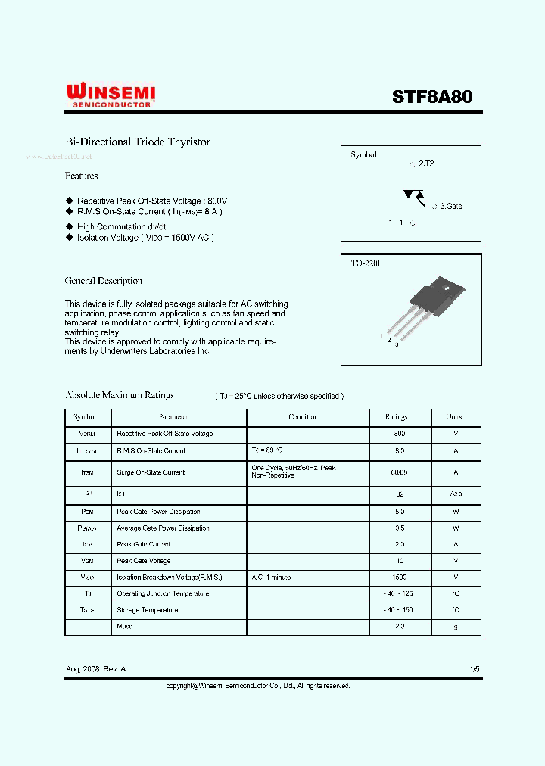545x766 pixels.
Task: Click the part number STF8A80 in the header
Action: [432, 97]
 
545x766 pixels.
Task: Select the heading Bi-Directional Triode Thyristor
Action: [138, 142]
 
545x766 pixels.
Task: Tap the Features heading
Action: [82, 176]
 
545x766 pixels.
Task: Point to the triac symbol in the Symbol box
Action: [413, 194]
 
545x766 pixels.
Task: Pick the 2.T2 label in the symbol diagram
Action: [426, 163]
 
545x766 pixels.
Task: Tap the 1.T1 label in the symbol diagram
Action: [396, 223]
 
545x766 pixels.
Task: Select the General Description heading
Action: [104, 281]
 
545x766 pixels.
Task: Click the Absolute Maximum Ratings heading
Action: [120, 395]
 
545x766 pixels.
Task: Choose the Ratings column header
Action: [397, 417]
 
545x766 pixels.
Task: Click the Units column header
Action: [454, 417]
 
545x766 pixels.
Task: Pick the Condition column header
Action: [304, 417]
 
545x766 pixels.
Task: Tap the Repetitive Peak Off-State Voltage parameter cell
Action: [165, 434]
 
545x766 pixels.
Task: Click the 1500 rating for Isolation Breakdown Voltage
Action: [400, 578]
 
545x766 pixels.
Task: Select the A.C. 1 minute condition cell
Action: [271, 578]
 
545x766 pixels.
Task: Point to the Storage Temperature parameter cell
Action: [148, 610]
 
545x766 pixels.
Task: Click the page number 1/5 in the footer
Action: [475, 670]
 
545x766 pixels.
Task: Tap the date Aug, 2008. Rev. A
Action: [96, 670]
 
